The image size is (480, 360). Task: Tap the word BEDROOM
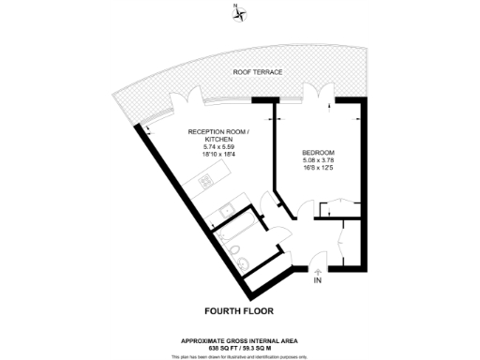[318, 153]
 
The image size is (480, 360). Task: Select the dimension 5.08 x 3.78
[318, 160]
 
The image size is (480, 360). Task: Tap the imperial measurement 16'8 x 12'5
[318, 168]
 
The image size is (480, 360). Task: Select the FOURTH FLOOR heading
[240, 309]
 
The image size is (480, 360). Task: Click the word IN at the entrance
[317, 280]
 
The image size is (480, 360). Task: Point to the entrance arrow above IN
[317, 271]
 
